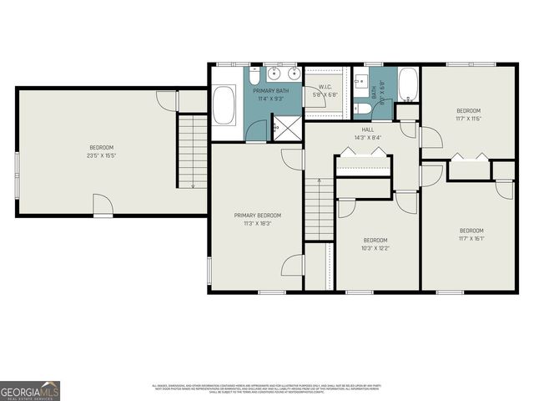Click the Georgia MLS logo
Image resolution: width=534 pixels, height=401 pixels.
click(30, 390)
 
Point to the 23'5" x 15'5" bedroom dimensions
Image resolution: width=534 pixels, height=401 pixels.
click(101, 155)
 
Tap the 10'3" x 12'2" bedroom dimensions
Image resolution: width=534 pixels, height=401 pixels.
click(375, 247)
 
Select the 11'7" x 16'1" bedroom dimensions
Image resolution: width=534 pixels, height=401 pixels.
click(471, 238)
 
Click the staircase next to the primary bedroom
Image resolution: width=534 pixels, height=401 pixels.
click(319, 208)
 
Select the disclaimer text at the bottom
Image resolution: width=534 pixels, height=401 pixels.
click(267, 388)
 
